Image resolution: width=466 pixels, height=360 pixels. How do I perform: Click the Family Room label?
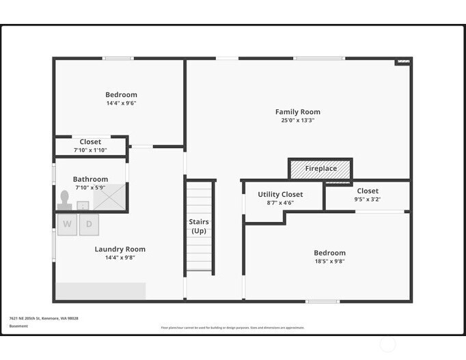point(297,112)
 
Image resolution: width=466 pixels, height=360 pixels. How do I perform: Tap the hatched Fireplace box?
point(320,168)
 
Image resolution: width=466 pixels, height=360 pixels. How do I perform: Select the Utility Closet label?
point(280,195)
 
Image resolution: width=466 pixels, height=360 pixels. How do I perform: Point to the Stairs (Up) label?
point(199,226)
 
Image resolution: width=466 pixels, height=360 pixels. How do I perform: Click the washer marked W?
point(67,224)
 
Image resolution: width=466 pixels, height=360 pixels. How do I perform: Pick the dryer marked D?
point(89,224)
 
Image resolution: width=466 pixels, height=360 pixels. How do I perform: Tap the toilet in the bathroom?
point(65,199)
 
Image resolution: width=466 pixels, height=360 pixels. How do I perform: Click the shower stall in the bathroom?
point(109,197)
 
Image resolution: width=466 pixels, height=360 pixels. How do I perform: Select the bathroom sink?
point(83,205)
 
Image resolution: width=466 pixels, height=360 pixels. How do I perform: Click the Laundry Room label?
point(120,249)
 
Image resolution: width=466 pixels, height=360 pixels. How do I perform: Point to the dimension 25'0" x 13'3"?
point(297,120)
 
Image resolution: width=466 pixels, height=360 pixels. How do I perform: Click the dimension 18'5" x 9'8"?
point(329,261)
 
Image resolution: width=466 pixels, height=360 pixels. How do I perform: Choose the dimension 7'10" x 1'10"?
point(90,150)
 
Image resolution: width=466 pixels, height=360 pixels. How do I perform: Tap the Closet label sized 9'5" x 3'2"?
point(367,191)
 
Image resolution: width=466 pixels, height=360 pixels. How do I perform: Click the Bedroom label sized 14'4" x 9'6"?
point(121,95)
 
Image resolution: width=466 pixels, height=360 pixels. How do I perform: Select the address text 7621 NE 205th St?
point(44,318)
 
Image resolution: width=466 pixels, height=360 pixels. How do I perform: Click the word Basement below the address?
point(19,327)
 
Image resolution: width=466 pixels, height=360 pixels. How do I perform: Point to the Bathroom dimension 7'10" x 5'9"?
point(90,187)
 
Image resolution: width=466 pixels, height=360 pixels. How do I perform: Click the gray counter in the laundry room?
point(100,291)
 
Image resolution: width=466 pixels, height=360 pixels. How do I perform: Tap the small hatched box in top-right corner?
point(402,62)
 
